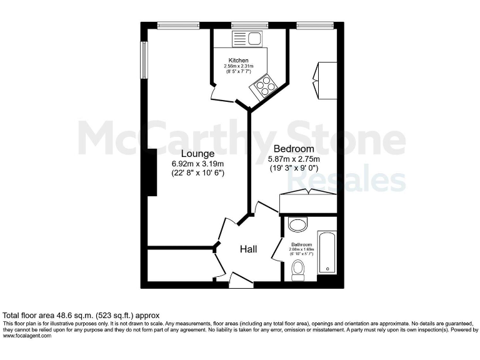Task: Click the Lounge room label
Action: pyautogui.click(x=197, y=154)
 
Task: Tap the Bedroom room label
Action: pyautogui.click(x=293, y=149)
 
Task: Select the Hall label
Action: pyautogui.click(x=249, y=249)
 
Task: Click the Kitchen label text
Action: pyautogui.click(x=238, y=61)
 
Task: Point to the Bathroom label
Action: pyautogui.click(x=301, y=244)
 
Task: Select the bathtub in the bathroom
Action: pyautogui.click(x=327, y=252)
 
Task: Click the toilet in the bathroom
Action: pyautogui.click(x=298, y=269)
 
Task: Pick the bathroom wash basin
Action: pyautogui.click(x=297, y=224)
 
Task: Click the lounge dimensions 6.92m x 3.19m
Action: pyautogui.click(x=197, y=164)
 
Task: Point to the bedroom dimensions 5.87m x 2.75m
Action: pyautogui.click(x=294, y=159)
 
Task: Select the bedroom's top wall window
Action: pyautogui.click(x=314, y=26)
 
